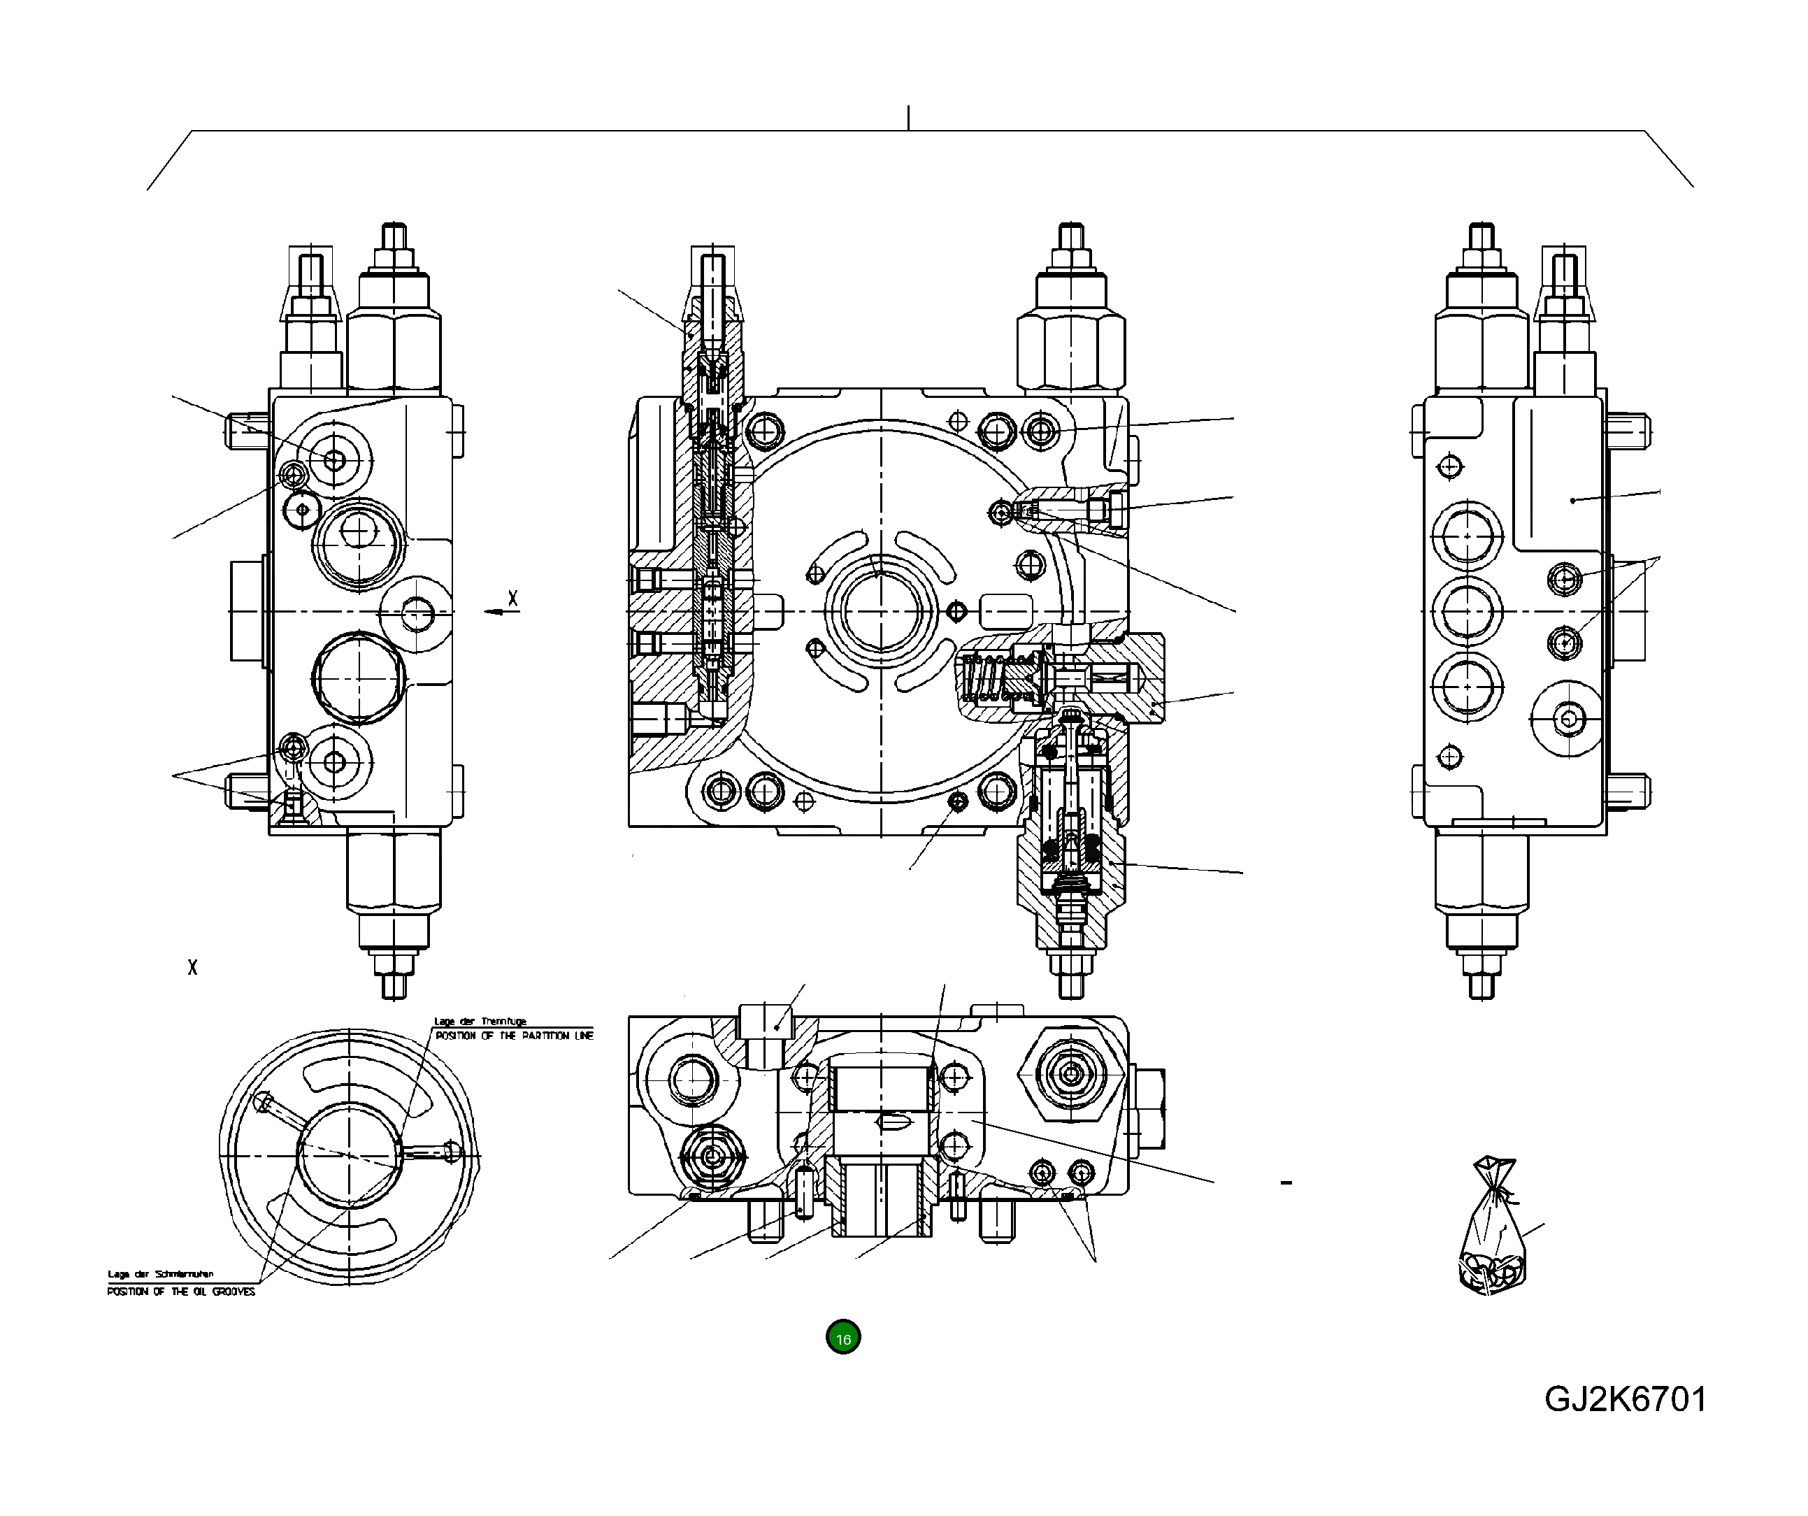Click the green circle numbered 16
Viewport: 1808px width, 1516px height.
click(843, 1338)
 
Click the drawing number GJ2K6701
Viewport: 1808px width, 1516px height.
click(1625, 1400)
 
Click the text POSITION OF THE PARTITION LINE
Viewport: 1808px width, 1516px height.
click(514, 1036)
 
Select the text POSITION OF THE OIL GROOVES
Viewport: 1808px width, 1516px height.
click(181, 1292)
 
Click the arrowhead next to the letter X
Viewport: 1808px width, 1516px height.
click(492, 611)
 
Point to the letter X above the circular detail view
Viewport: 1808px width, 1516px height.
click(192, 968)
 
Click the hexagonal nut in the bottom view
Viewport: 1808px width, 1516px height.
click(1072, 1073)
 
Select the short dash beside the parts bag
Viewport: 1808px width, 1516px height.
click(1286, 1183)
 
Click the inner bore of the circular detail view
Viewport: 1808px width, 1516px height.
click(349, 1154)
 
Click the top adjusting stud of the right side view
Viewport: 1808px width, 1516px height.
click(1481, 238)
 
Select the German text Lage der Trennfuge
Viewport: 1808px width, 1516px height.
click(480, 1021)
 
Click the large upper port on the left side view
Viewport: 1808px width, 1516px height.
click(358, 534)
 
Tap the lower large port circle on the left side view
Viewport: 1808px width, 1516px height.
click(357, 678)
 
